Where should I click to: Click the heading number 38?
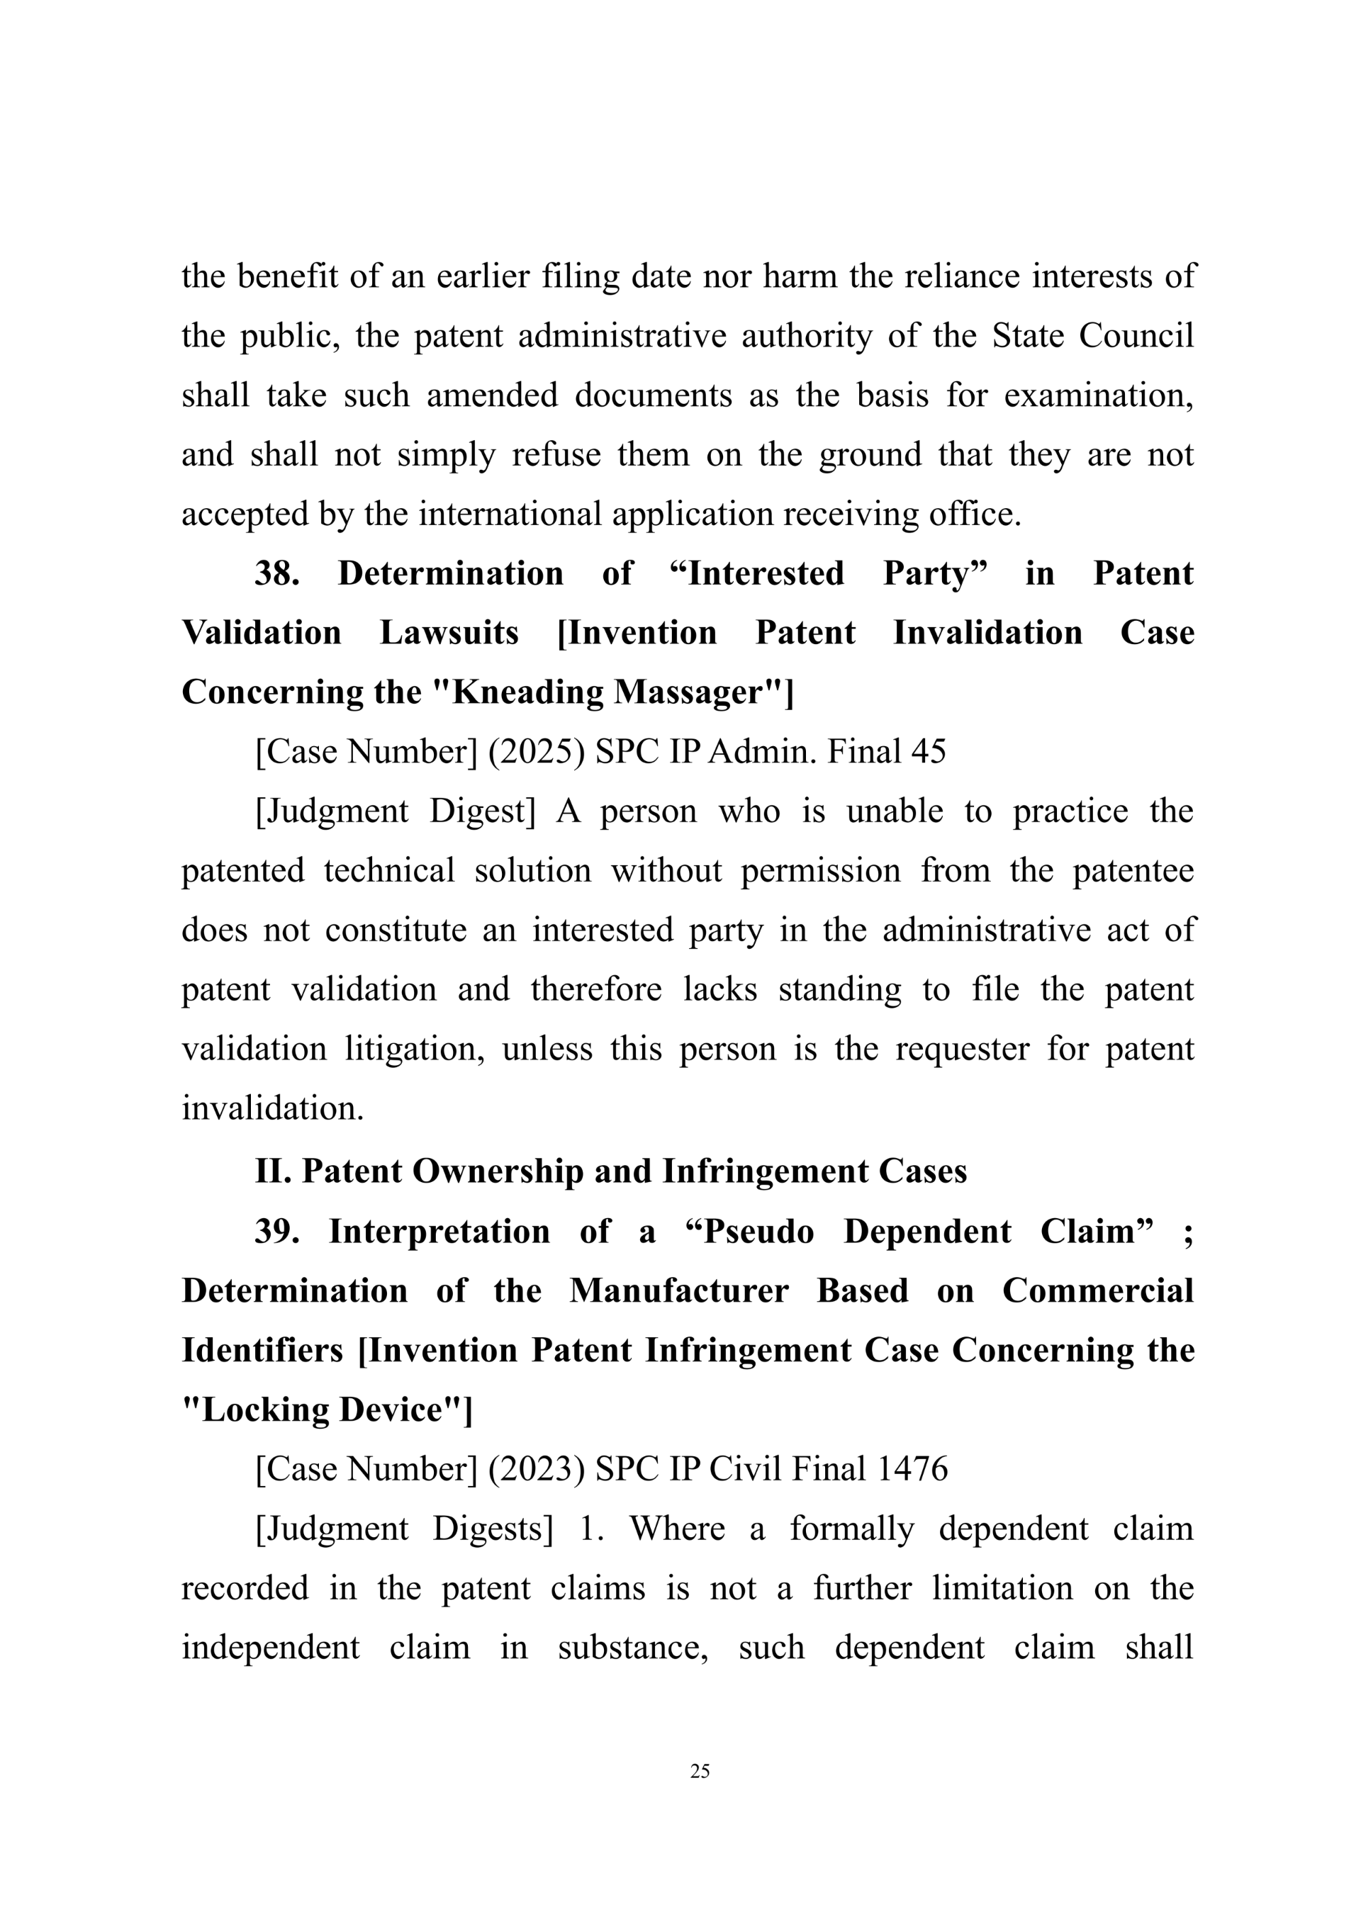(x=277, y=574)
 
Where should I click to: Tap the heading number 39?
(x=277, y=1232)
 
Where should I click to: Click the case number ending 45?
(x=928, y=752)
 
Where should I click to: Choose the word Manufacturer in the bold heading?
(x=679, y=1290)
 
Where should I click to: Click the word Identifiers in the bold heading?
(x=262, y=1350)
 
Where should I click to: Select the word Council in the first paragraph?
(x=1136, y=336)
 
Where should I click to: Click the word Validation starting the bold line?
(x=262, y=633)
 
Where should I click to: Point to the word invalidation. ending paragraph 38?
(x=273, y=1108)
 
